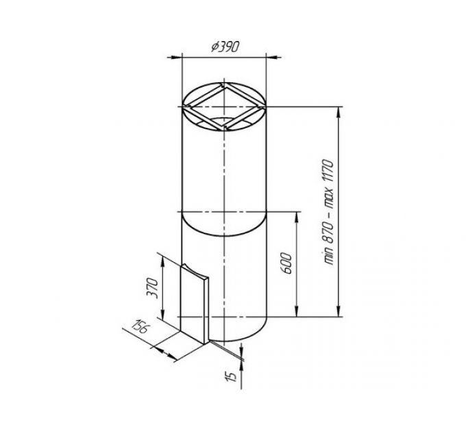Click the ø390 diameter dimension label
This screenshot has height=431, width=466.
point(225,47)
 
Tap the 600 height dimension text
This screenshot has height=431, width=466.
point(286,263)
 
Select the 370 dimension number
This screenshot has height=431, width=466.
point(152,288)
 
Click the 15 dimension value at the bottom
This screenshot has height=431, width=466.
point(232,376)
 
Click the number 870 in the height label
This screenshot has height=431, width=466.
point(329,233)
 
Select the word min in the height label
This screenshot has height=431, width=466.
point(329,257)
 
